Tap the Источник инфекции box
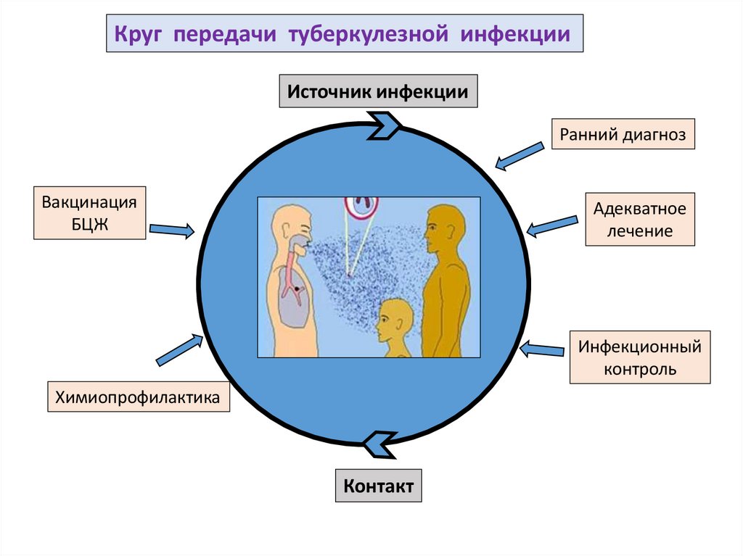378,91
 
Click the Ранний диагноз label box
623,134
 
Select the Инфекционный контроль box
639,357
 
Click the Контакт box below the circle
378,486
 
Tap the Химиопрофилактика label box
139,397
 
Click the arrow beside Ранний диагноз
520,156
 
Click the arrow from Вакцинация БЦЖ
172,231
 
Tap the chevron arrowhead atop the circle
384,124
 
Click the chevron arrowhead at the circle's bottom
378,444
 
